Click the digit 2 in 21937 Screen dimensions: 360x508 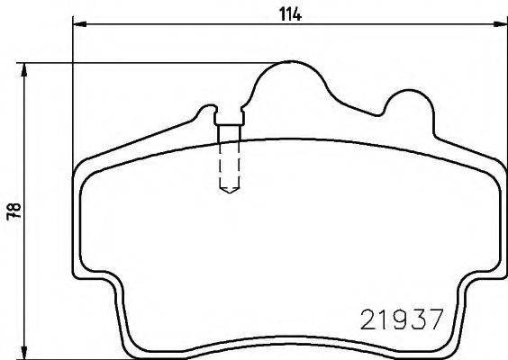pyautogui.click(x=368, y=319)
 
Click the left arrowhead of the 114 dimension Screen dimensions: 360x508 pyautogui.click(x=76, y=25)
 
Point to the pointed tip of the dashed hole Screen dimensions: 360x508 pyautogui.click(x=230, y=191)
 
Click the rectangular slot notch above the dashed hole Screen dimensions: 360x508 pyautogui.click(x=229, y=114)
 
